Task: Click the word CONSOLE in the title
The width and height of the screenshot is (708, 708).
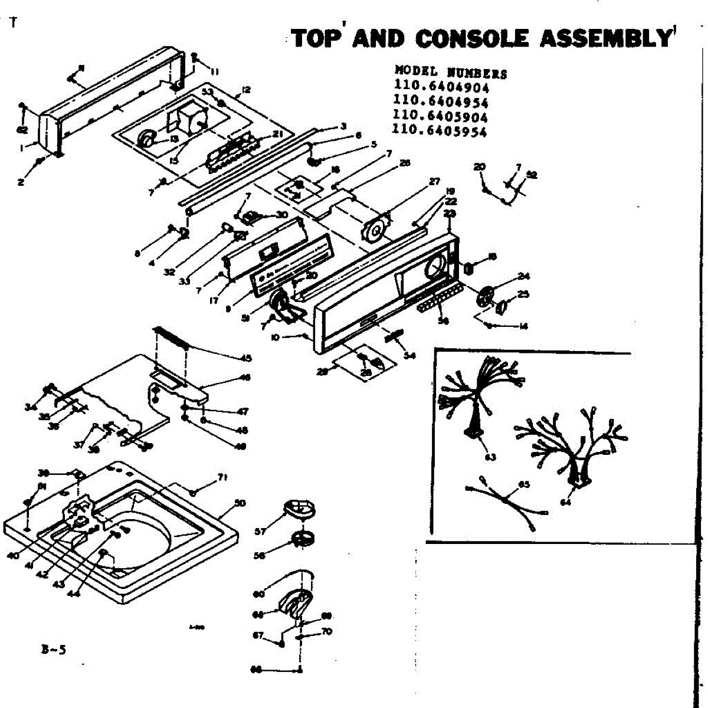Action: [x=472, y=38]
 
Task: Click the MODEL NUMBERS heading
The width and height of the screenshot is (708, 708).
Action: [x=450, y=73]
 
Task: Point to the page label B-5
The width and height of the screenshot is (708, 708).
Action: [x=54, y=650]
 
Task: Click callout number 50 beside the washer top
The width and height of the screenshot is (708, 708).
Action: [x=240, y=503]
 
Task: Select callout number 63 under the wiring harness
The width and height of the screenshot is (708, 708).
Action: [x=490, y=457]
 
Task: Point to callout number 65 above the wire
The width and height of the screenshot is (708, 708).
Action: [x=523, y=484]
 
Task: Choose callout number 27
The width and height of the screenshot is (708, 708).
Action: [x=434, y=181]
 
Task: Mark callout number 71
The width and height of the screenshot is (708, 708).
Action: [x=222, y=477]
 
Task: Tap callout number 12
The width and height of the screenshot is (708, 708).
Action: [x=246, y=90]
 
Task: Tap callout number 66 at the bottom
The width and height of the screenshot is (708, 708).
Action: [x=256, y=670]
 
